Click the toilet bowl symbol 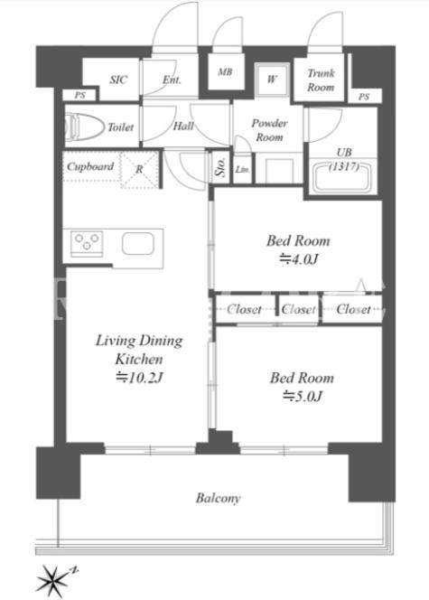click(x=85, y=126)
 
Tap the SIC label click(x=118, y=80)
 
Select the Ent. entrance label click(x=172, y=80)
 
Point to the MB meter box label click(x=225, y=71)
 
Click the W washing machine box click(x=272, y=80)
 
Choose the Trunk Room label click(x=321, y=80)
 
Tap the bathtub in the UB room click(x=341, y=177)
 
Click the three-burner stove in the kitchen click(x=87, y=243)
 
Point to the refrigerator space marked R click(x=140, y=170)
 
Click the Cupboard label click(x=90, y=166)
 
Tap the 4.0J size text click(x=299, y=259)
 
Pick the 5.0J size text click(x=302, y=396)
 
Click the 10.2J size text click(x=139, y=378)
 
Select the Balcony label click(x=219, y=498)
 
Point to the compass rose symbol click(x=51, y=580)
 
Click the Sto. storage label click(x=221, y=167)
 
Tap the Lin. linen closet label click(x=242, y=169)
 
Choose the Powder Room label click(x=269, y=130)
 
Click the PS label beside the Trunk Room click(x=364, y=97)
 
